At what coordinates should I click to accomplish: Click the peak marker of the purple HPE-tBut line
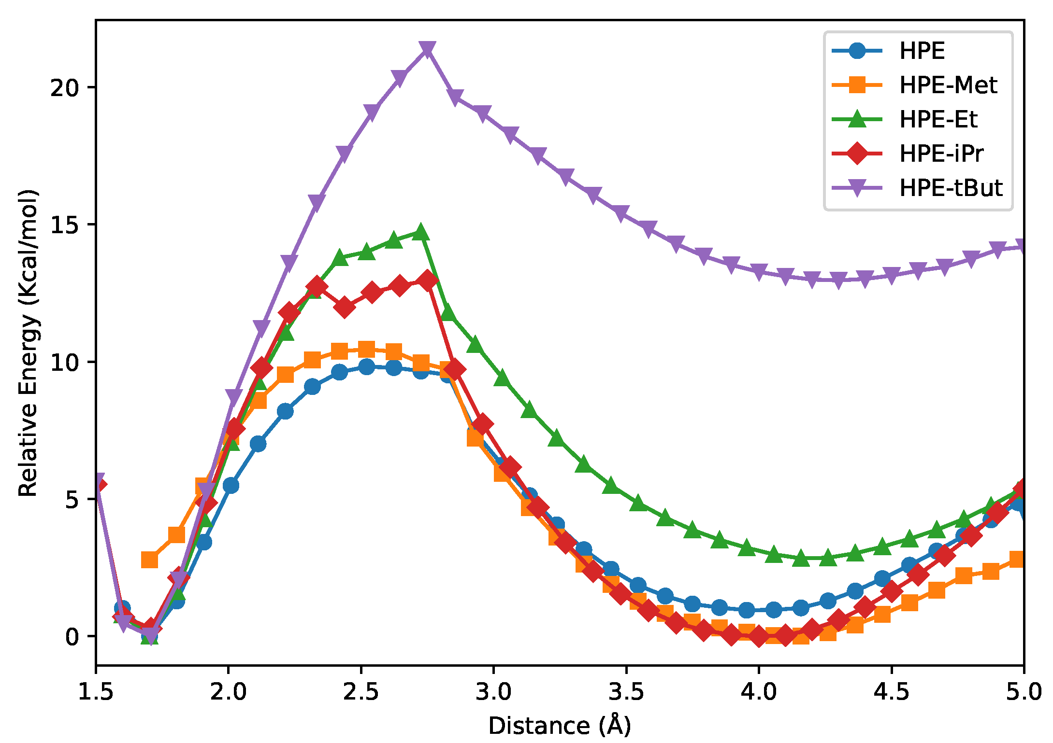coord(427,49)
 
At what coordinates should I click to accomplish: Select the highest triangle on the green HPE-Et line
coord(420,232)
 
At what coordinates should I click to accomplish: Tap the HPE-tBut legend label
coord(951,188)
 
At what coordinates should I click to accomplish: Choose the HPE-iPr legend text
coord(941,154)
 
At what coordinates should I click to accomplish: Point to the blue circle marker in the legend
coord(857,51)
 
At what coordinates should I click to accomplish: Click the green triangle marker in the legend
coord(857,119)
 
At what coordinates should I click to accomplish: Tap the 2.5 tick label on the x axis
coord(361,692)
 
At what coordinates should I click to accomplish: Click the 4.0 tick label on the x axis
coord(759,692)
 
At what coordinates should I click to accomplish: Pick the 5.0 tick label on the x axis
coord(1024,692)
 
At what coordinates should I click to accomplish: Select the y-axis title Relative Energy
coord(28,343)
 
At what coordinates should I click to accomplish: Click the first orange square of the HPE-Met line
coord(149,560)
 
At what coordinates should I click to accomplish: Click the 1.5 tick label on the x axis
coord(96,692)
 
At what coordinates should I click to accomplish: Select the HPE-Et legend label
coord(938,119)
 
